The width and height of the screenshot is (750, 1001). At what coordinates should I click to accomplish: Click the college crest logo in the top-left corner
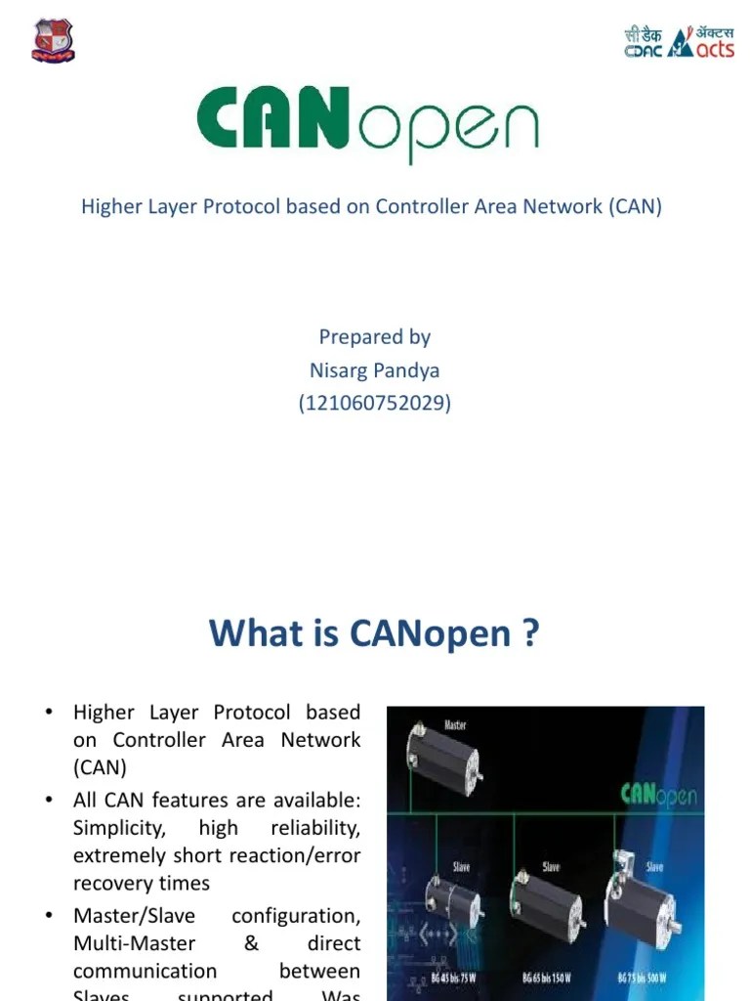pyautogui.click(x=53, y=41)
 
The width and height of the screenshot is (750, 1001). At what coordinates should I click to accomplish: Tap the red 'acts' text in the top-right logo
pyautogui.click(x=715, y=48)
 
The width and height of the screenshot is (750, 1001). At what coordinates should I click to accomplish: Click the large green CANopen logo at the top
pyautogui.click(x=367, y=122)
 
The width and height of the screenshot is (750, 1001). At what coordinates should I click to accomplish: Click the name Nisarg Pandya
pyautogui.click(x=375, y=370)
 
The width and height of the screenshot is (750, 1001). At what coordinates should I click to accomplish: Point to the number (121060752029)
pyautogui.click(x=375, y=403)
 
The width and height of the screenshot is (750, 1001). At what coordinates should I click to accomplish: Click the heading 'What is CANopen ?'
pyautogui.click(x=374, y=634)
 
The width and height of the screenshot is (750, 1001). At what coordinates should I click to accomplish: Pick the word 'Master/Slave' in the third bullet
pyautogui.click(x=134, y=916)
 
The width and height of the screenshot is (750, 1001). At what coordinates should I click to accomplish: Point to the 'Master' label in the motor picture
pyautogui.click(x=455, y=724)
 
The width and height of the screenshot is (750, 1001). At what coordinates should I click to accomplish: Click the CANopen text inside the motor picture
pyautogui.click(x=659, y=794)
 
